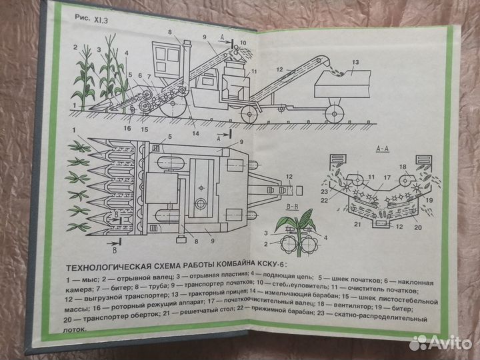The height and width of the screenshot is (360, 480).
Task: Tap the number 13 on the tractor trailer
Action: (x=355, y=63)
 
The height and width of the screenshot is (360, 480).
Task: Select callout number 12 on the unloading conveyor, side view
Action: (x=281, y=68)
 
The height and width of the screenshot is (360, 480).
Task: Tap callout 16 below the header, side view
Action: (x=127, y=127)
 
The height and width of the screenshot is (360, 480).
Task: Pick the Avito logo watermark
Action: (x=440, y=341)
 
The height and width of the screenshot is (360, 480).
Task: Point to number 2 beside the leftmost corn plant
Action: (x=77, y=47)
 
